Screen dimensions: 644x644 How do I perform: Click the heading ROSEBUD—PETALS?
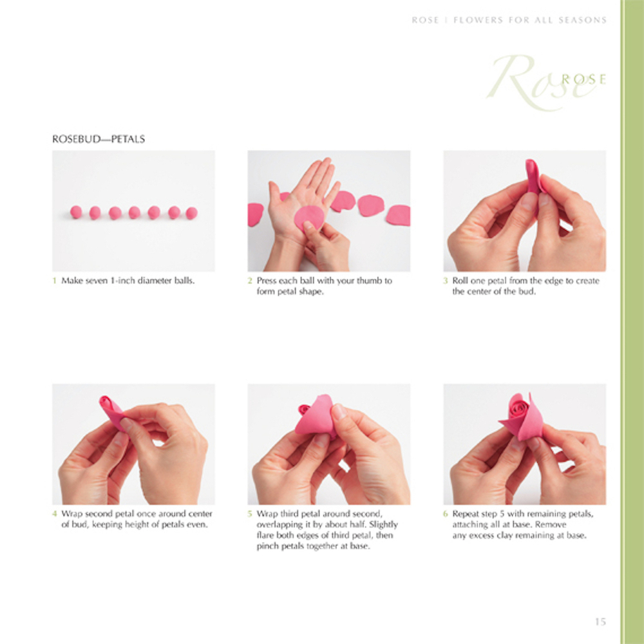click(99, 139)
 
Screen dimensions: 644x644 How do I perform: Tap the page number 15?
click(600, 622)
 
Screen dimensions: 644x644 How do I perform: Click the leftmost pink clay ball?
click(76, 212)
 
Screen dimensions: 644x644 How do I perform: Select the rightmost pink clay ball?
click(191, 213)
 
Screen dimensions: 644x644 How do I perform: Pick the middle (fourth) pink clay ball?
click(135, 213)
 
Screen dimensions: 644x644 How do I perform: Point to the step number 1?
click(54, 281)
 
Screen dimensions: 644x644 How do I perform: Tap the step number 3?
click(445, 281)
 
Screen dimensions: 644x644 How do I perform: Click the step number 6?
click(445, 514)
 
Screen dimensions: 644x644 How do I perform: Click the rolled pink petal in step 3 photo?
click(534, 178)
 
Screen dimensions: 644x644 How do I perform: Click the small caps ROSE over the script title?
click(583, 79)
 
